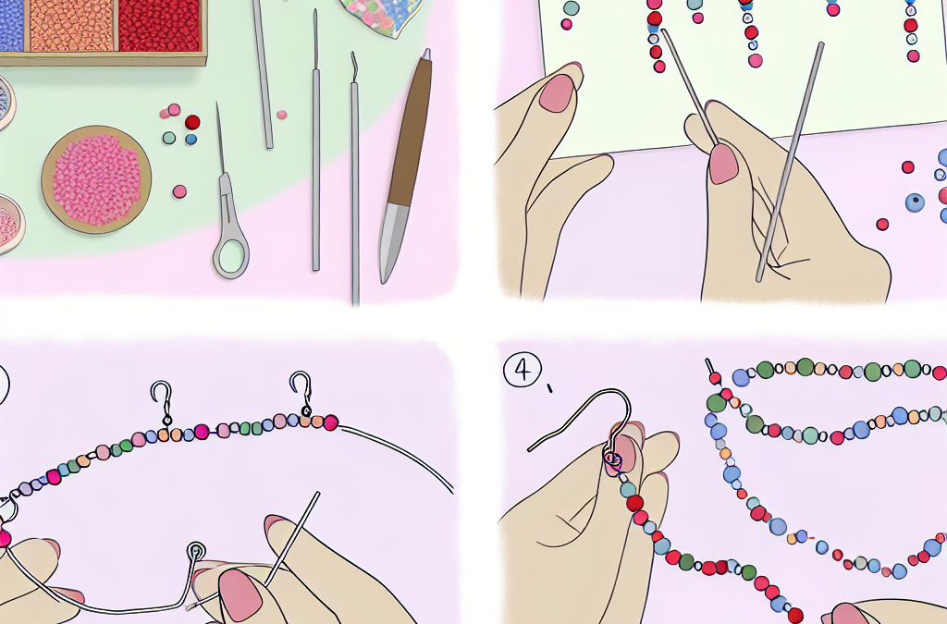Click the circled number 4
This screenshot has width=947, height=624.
523,370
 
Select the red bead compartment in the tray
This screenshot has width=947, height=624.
159,25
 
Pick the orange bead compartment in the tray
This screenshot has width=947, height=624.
71,25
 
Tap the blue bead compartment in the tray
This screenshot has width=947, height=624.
11,25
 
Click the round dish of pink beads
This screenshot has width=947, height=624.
96,180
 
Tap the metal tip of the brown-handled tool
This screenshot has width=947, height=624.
391,241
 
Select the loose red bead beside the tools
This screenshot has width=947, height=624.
192,123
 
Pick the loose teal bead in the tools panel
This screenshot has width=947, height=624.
169,138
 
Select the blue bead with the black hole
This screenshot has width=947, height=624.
915,202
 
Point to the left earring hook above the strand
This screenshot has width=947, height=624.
162,402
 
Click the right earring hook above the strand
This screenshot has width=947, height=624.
302,392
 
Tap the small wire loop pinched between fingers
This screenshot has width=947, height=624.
196,550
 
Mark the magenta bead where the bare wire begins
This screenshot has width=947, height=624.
330,422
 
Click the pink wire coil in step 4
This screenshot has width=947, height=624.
613,459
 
